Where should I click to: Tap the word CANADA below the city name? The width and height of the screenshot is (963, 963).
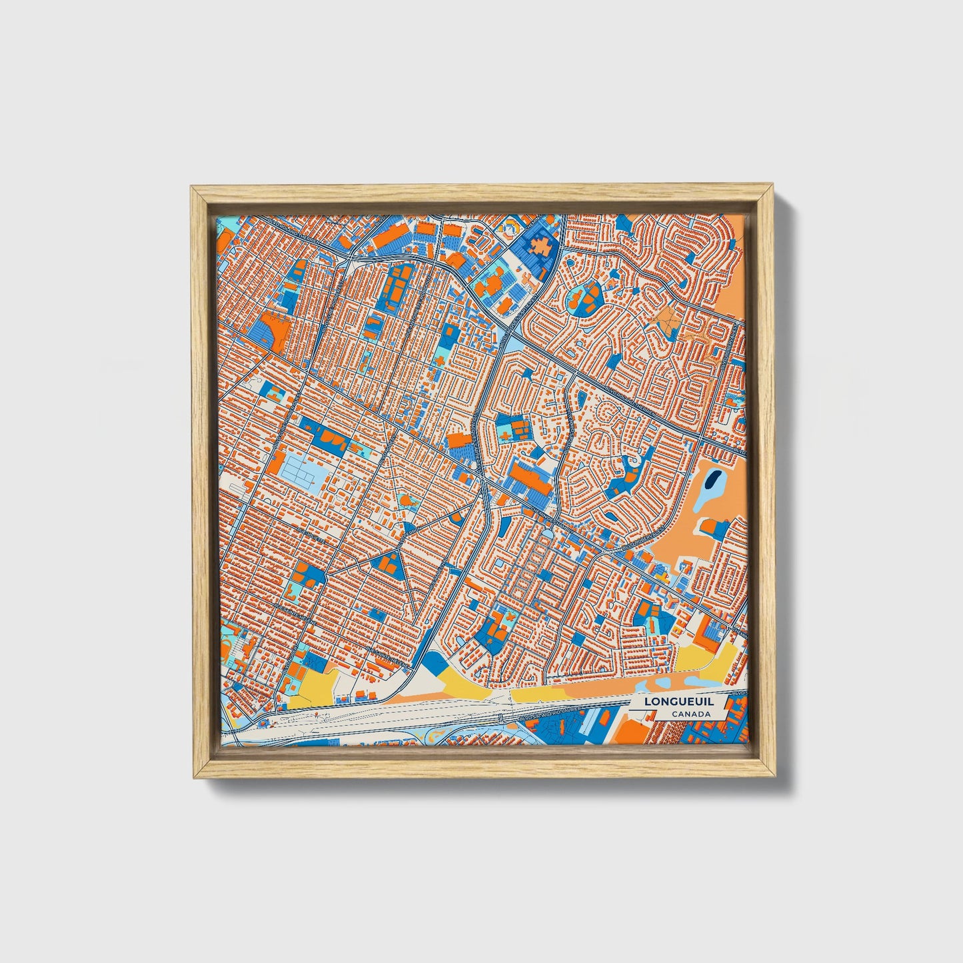[x=690, y=714]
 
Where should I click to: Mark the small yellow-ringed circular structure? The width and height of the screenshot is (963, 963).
[x=510, y=229]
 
